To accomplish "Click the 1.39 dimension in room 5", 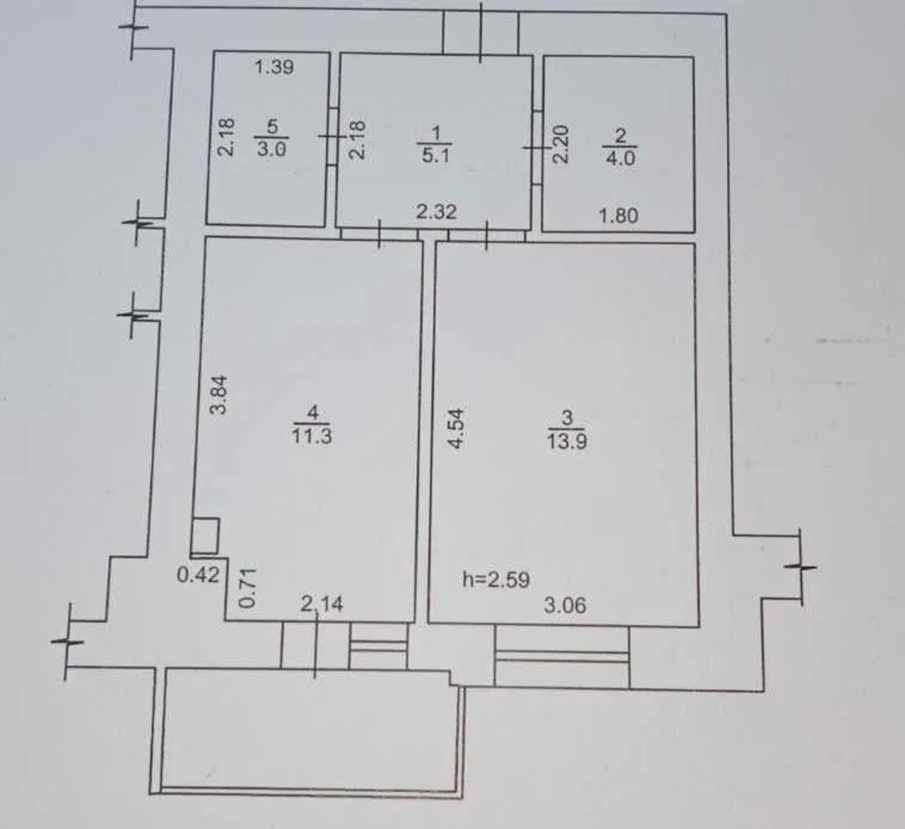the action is [275, 68].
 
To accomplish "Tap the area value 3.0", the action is [271, 148].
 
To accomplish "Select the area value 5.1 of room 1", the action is [436, 155].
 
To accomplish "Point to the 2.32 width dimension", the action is [436, 212].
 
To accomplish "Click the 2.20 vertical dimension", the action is [561, 144].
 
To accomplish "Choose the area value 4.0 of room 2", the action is [621, 158].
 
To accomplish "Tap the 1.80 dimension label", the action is [618, 216].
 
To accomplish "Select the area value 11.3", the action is [311, 436].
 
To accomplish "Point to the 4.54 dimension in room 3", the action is [456, 429].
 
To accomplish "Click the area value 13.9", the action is [567, 441].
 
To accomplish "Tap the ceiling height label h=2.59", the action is [495, 580].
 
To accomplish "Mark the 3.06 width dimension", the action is [565, 605].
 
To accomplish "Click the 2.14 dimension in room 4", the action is [322, 604].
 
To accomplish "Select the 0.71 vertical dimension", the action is [247, 588].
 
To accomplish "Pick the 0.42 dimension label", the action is [198, 574].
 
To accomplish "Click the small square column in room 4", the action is [205, 535].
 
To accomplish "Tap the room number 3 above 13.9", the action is [567, 418].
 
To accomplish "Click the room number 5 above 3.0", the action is [272, 127].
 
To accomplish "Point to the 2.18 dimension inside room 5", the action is [226, 137].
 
